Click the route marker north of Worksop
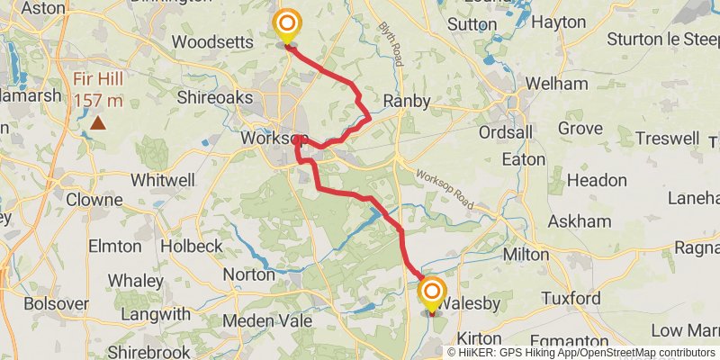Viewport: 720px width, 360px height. pos(287,24)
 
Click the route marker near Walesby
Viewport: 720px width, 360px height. pos(432,292)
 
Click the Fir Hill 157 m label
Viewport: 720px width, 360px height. pos(99,91)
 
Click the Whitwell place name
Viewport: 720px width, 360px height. pos(162,180)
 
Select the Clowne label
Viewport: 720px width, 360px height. pos(94,199)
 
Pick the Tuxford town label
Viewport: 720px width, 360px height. pos(571,298)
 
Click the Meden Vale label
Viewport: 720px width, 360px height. pos(268,320)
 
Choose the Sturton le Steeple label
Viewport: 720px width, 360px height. pos(662,39)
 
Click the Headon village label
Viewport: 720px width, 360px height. pos(597,180)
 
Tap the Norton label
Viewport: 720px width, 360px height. pos(248,274)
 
